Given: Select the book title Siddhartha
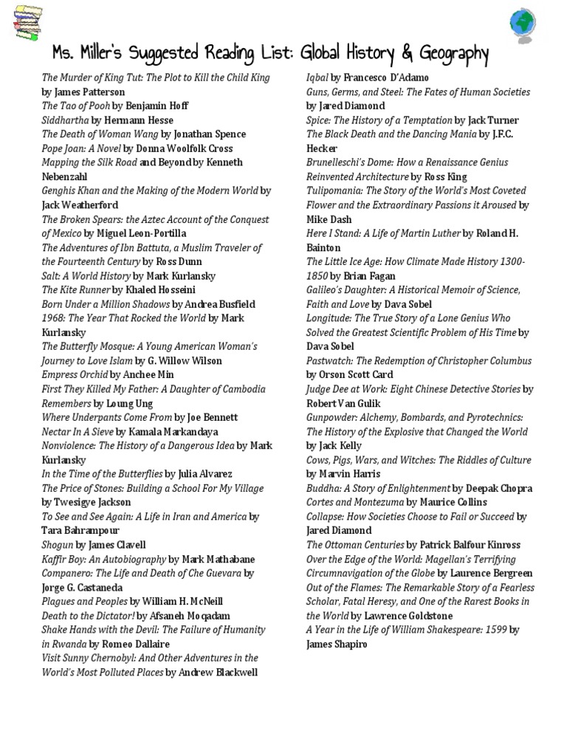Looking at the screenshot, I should [x=66, y=120].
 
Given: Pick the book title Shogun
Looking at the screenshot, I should [x=58, y=545].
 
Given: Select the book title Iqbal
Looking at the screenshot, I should [x=317, y=78].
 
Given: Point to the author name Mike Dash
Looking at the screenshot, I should [x=329, y=219].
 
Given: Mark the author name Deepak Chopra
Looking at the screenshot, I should [x=499, y=489].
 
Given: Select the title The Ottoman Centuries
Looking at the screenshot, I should [x=355, y=546].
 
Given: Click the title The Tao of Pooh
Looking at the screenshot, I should [x=76, y=106].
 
